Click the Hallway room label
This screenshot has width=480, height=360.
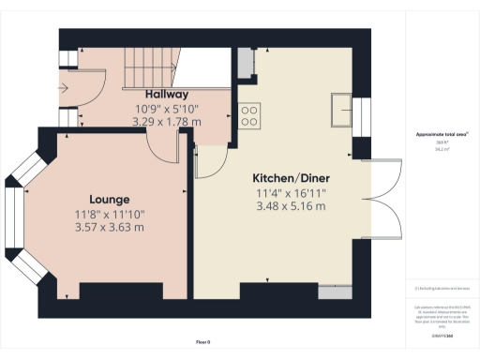tap(167, 95)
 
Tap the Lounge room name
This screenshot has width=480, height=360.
tap(109, 200)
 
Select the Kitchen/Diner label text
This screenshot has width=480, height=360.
tap(290, 177)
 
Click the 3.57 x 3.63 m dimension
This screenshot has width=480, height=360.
tap(109, 228)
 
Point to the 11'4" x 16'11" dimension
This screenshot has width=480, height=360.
tap(290, 192)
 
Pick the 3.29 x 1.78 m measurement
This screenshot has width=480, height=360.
tap(167, 121)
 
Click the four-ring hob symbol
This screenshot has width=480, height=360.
tap(250, 115)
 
